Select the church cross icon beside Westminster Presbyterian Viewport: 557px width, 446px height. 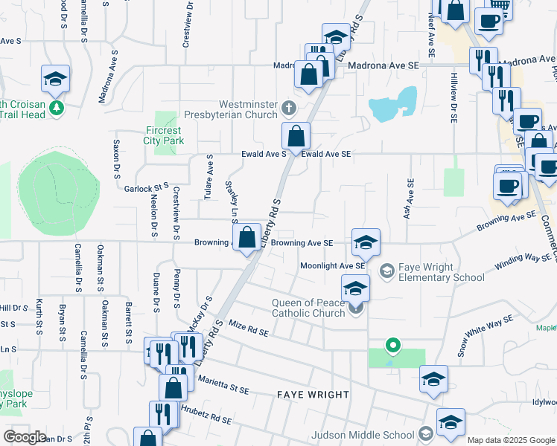pyautogui.click(x=290, y=110)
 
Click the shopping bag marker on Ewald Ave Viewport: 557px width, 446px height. pyautogui.click(x=296, y=137)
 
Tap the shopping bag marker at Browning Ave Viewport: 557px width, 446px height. pyautogui.click(x=247, y=238)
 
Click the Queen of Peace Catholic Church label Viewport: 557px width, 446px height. pyautogui.click(x=298, y=308)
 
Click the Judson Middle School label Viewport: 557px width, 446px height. pyautogui.click(x=363, y=435)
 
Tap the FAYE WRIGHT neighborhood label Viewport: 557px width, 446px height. pyautogui.click(x=313, y=395)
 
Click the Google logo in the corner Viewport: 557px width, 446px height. pyautogui.click(x=24, y=436)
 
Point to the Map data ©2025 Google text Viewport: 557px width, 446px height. pyautogui.click(x=511, y=440)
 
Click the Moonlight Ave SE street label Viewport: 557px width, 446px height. pyautogui.click(x=332, y=265)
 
